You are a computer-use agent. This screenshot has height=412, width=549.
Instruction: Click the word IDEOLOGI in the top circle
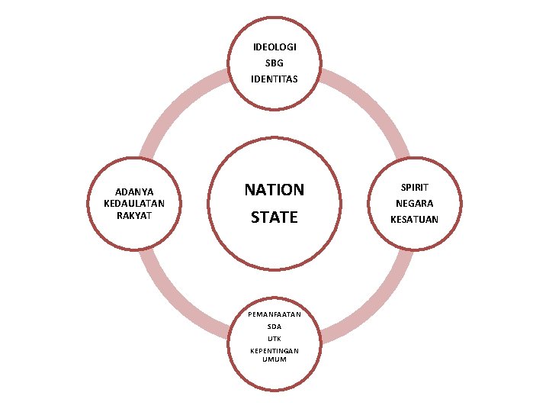[274, 47]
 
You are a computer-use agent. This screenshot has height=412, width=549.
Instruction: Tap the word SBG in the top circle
[274, 63]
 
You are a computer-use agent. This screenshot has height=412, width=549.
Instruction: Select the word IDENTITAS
[274, 79]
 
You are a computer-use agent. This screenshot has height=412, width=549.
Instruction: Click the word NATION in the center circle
[274, 189]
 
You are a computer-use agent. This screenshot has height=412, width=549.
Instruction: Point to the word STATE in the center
[274, 217]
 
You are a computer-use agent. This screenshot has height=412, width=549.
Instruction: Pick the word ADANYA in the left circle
[134, 192]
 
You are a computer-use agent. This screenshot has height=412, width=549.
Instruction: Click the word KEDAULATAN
[134, 203]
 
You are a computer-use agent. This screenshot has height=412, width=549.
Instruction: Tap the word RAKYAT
[134, 214]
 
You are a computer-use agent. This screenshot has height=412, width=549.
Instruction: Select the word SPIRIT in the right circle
[415, 187]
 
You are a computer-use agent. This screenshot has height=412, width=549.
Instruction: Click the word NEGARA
[415, 204]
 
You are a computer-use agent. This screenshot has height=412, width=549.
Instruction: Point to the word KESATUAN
[415, 220]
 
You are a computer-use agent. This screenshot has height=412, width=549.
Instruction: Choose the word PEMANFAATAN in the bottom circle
[274, 314]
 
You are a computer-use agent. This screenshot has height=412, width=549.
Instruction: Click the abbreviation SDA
[274, 326]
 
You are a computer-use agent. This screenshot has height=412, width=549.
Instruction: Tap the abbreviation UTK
[274, 338]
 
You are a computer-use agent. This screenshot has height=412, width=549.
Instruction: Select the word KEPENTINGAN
[274, 350]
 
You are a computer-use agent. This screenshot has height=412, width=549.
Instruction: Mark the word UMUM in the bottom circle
[274, 359]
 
